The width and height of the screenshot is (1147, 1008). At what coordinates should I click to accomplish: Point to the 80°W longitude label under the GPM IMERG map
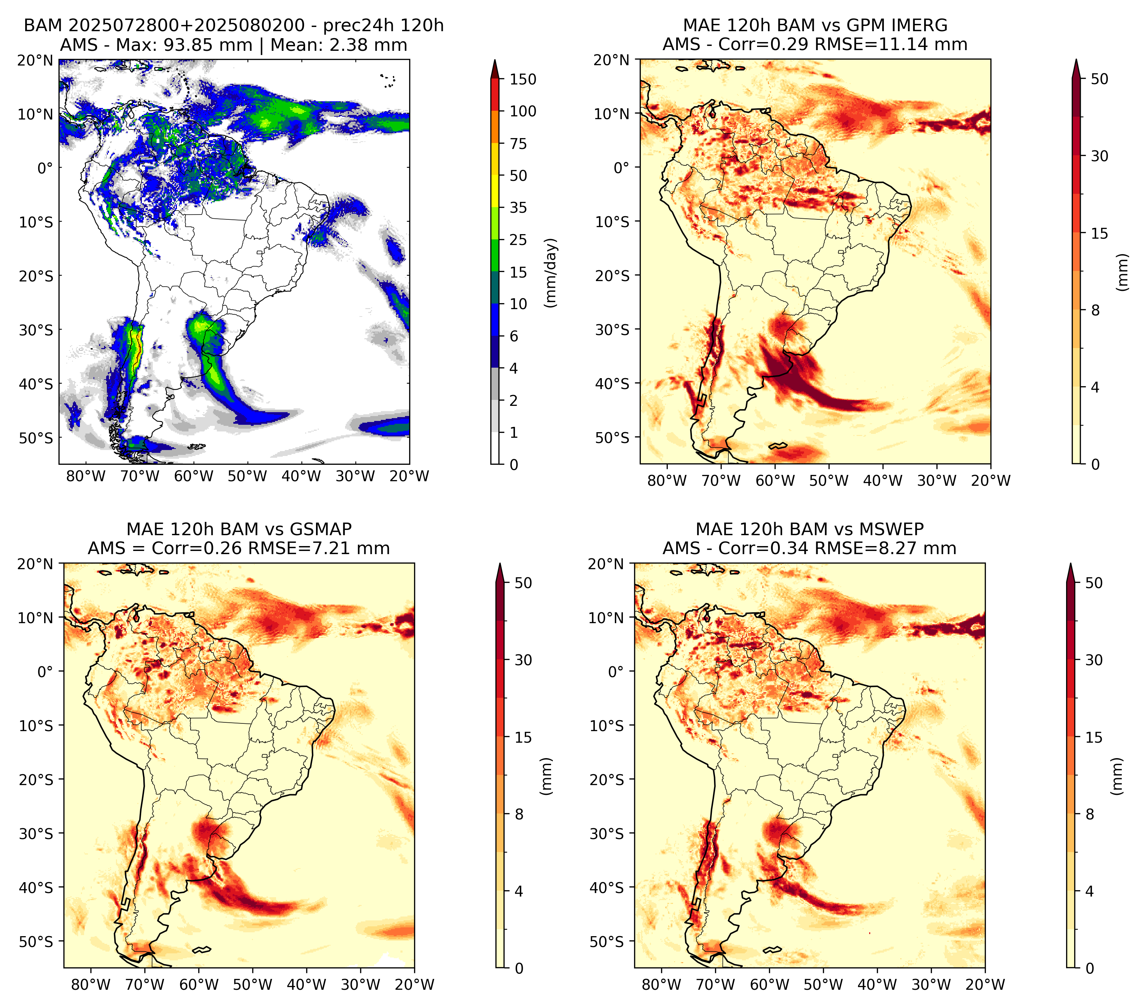tap(667, 481)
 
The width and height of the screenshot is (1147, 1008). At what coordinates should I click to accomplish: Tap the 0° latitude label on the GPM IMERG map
tap(622, 167)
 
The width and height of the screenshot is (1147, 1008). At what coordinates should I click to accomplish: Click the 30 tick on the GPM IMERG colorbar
tap(1100, 156)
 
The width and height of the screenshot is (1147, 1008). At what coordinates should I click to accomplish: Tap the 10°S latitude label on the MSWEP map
tap(607, 726)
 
